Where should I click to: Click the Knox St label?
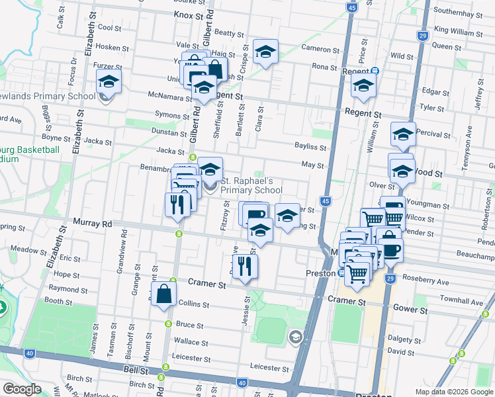(187, 14)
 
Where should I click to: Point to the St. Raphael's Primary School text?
(251, 186)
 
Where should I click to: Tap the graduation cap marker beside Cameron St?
(265, 52)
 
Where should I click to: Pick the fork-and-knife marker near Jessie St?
(246, 267)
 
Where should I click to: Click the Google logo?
(22, 389)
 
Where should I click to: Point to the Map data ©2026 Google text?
(453, 392)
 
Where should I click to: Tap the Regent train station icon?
(375, 71)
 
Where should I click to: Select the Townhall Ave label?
(463, 301)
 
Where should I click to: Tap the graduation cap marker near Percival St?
(403, 135)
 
